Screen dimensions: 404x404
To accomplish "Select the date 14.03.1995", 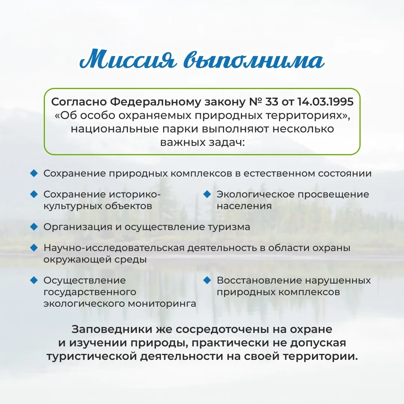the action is [325, 102].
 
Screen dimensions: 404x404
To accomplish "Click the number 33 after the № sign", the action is [272, 102].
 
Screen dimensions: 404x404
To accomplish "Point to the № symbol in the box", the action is [255, 102].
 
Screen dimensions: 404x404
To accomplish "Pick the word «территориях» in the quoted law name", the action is [305, 116].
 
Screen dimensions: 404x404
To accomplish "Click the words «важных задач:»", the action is [202, 142].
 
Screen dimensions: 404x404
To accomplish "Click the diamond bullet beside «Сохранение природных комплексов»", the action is [34, 173].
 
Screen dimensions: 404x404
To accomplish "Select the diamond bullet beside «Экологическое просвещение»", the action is [207, 194].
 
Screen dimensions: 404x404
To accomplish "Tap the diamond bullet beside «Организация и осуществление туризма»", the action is [34, 227].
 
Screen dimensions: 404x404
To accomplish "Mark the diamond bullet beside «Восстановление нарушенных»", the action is [207, 280].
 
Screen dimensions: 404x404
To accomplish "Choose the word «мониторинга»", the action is [162, 304].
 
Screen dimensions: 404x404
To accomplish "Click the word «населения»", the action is [244, 206].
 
